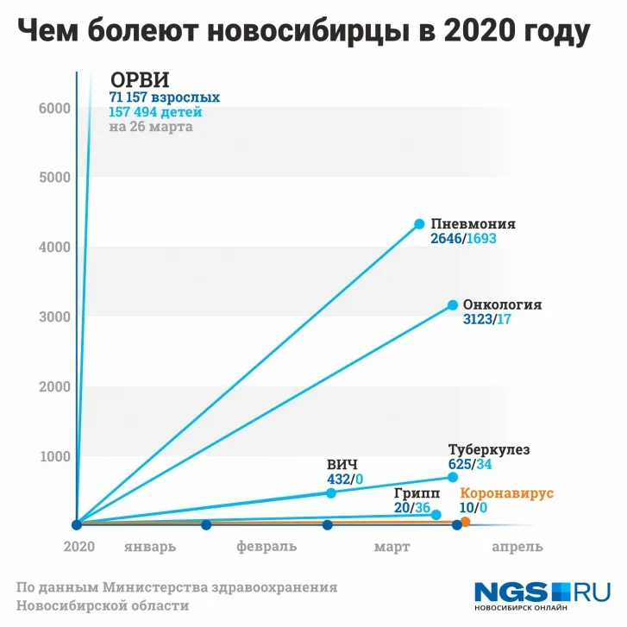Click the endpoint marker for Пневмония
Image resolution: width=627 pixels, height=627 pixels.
click(420, 224)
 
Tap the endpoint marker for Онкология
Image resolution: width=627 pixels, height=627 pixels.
click(453, 305)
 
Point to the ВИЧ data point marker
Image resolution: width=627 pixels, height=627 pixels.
click(331, 492)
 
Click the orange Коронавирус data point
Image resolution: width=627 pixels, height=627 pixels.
click(466, 522)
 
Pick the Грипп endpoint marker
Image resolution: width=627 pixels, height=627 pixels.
click(436, 515)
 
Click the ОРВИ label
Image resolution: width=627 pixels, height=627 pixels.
click(140, 78)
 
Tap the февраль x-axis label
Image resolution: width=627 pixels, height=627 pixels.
click(266, 547)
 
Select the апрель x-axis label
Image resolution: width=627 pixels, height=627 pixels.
click(517, 547)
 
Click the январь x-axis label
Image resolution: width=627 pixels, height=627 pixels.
click(150, 547)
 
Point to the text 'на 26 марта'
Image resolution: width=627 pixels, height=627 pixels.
click(151, 127)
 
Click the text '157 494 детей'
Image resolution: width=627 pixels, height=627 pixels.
click(155, 112)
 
